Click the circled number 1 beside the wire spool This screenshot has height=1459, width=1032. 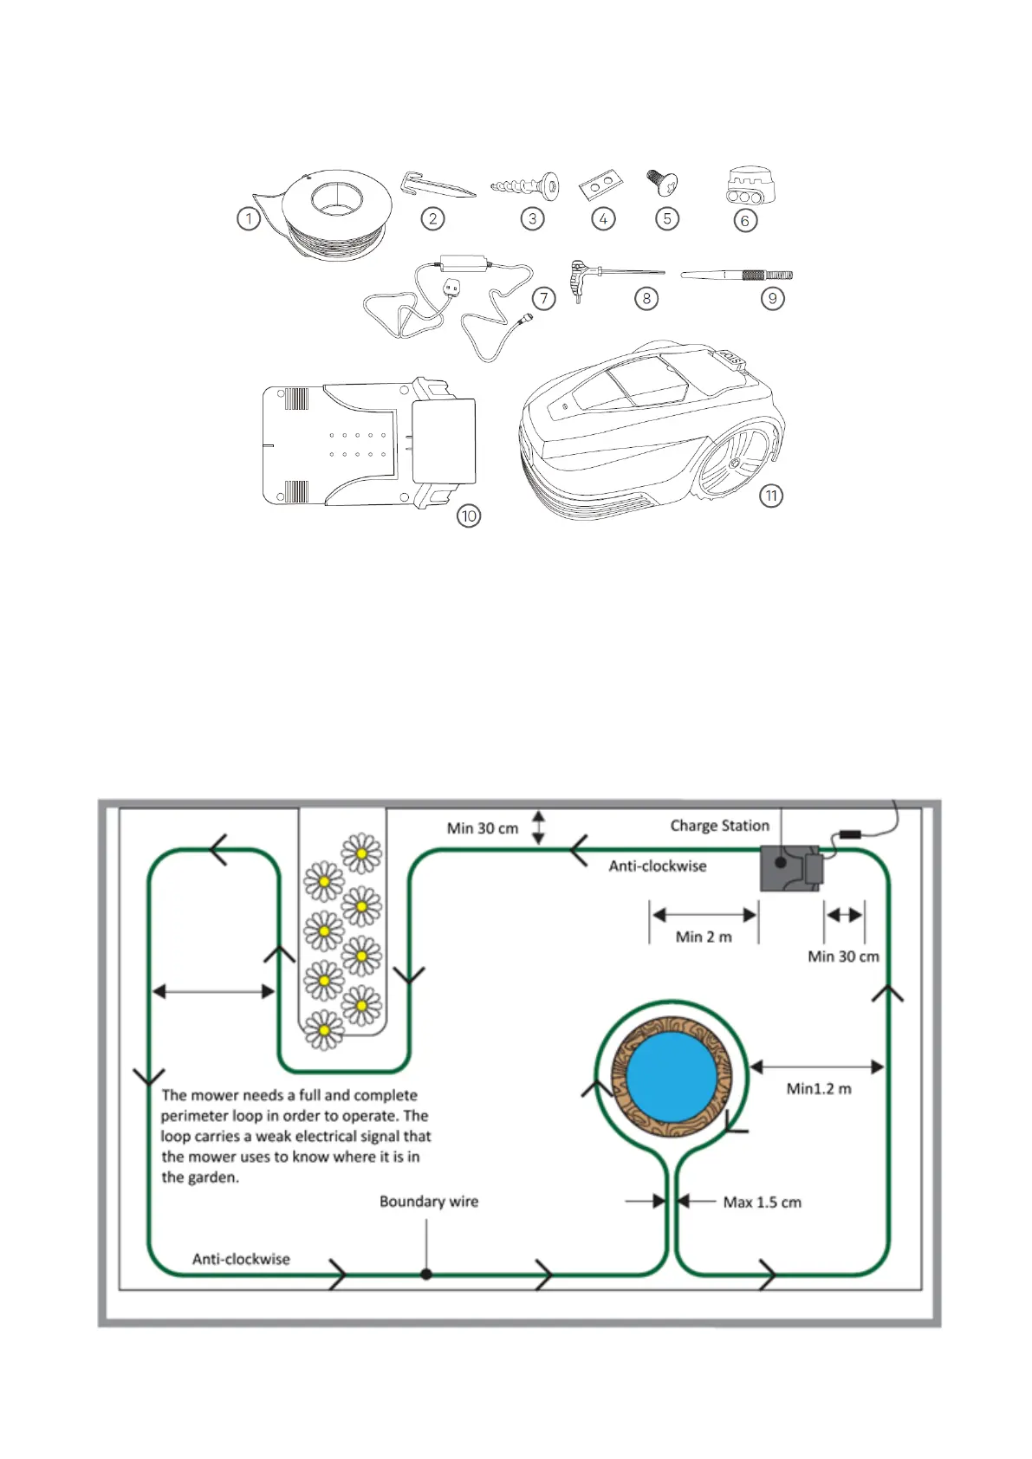click(x=249, y=218)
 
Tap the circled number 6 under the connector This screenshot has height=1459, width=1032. click(x=745, y=221)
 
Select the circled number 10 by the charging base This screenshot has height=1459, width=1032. click(x=469, y=516)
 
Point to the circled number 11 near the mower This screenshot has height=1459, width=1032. click(x=770, y=496)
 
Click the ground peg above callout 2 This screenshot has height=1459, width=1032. click(x=438, y=185)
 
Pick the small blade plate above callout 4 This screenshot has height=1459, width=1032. click(x=602, y=184)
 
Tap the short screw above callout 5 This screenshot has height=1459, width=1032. click(x=663, y=182)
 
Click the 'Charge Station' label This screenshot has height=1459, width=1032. click(x=719, y=826)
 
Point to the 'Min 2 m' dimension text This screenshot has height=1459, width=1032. click(x=704, y=937)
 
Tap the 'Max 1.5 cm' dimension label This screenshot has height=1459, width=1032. click(x=762, y=1203)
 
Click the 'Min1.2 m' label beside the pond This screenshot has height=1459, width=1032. click(x=819, y=1089)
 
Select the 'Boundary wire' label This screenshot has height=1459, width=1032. click(x=429, y=1202)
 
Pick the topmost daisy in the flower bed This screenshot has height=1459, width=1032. click(x=361, y=853)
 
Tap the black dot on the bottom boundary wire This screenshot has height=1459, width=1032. click(x=426, y=1274)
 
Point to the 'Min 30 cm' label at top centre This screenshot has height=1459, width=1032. click(x=483, y=828)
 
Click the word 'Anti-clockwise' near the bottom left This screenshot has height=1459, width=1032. click(x=241, y=1259)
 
